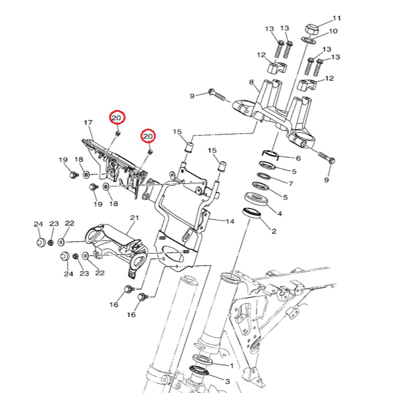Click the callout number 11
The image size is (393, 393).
pos(337,18)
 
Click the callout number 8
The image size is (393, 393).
pos(251,82)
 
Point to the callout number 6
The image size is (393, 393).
pos(298,158)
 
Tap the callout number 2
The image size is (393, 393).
pos(274,231)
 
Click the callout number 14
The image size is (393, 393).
pos(230,221)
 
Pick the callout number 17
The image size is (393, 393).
pos(88,123)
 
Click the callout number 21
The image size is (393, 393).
pos(134,218)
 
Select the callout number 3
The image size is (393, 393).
pos(227,381)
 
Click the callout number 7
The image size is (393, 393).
pos(291,184)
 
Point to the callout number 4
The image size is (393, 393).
pos(279,213)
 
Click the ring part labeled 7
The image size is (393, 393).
pos(263,177)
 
